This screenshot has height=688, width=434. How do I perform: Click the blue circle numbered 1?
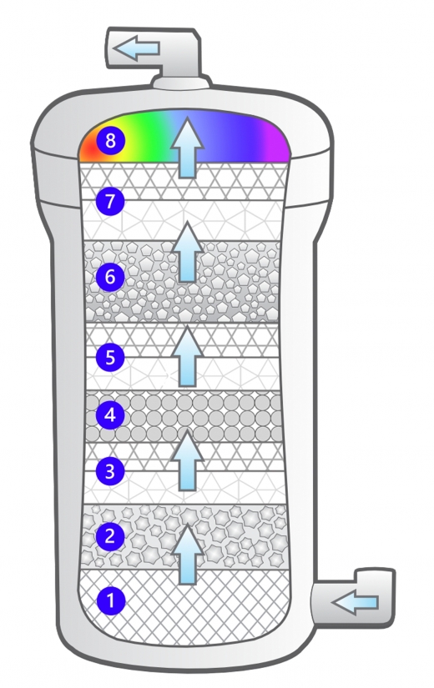pyautogui.click(x=110, y=600)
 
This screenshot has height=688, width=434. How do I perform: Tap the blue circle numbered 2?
pyautogui.click(x=110, y=535)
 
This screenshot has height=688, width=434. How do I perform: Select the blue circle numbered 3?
pyautogui.click(x=110, y=471)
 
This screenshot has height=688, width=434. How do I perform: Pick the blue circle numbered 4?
pyautogui.click(x=110, y=414)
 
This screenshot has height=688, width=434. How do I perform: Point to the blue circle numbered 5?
pyautogui.click(x=110, y=356)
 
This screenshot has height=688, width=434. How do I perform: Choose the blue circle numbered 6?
pyautogui.click(x=110, y=276)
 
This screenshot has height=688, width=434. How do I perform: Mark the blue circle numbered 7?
pyautogui.click(x=110, y=201)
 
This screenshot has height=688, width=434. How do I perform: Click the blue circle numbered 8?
pyautogui.click(x=110, y=140)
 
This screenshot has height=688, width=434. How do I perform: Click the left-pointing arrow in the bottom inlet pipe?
pyautogui.click(x=355, y=602)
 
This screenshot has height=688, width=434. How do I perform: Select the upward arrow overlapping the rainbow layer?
pyautogui.click(x=188, y=148)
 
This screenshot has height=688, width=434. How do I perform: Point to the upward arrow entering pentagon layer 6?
pyautogui.click(x=188, y=252)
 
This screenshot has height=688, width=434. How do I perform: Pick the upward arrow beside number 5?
pyautogui.click(x=188, y=356)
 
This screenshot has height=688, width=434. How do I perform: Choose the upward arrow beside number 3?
pyautogui.click(x=188, y=460)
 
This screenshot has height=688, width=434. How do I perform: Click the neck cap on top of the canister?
pyautogui.click(x=181, y=82)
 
